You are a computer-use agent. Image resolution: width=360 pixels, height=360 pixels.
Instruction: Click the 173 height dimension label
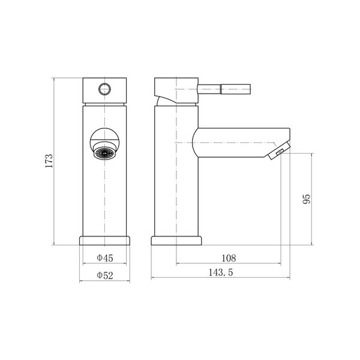[x=49, y=161]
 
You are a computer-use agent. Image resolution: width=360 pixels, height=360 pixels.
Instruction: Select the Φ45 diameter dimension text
[x=105, y=258]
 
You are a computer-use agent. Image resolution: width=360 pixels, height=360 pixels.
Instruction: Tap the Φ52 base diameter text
[x=105, y=275]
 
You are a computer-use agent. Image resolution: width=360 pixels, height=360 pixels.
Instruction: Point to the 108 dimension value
[x=229, y=258]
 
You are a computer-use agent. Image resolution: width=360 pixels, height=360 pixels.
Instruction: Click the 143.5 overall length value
[x=221, y=272]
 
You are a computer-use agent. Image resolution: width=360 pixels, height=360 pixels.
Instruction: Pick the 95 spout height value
[x=307, y=199]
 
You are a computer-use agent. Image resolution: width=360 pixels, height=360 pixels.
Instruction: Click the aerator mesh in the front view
[x=104, y=153]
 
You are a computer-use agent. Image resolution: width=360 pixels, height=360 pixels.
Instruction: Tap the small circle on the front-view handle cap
[x=104, y=89]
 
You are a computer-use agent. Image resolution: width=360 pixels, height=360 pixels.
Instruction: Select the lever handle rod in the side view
[x=224, y=89]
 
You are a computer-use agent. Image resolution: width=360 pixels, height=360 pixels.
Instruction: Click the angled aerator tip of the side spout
[x=279, y=151]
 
